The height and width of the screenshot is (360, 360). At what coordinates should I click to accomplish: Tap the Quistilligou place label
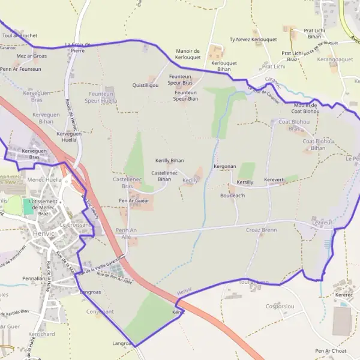coord(145,86)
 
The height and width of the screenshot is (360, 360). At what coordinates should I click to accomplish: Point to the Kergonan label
coord(225,166)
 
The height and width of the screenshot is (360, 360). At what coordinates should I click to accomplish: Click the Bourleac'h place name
coord(233,196)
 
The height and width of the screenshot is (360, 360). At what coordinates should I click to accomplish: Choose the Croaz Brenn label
coord(262,230)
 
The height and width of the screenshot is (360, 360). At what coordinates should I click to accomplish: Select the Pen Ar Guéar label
coord(134,200)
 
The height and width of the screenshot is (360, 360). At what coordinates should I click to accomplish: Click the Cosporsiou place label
coord(280,306)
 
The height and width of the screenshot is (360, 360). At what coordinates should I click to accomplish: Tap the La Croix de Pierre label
coord(77,47)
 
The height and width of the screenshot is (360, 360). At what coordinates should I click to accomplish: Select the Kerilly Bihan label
coord(170,161)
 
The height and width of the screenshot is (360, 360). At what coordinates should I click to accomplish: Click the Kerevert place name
coord(274,179)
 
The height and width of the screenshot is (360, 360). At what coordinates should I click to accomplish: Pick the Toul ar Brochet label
coord(20,35)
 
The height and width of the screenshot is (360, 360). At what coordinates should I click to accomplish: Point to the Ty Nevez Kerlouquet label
coord(253,40)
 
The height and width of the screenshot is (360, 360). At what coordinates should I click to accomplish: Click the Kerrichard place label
coord(41,334)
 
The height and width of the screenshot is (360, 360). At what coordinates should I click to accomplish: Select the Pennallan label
coord(34,280)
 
